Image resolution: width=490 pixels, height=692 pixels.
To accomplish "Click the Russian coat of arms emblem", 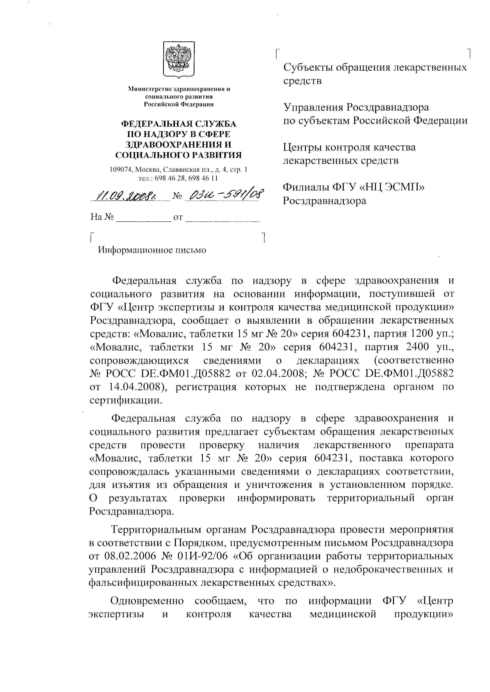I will (179, 60).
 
